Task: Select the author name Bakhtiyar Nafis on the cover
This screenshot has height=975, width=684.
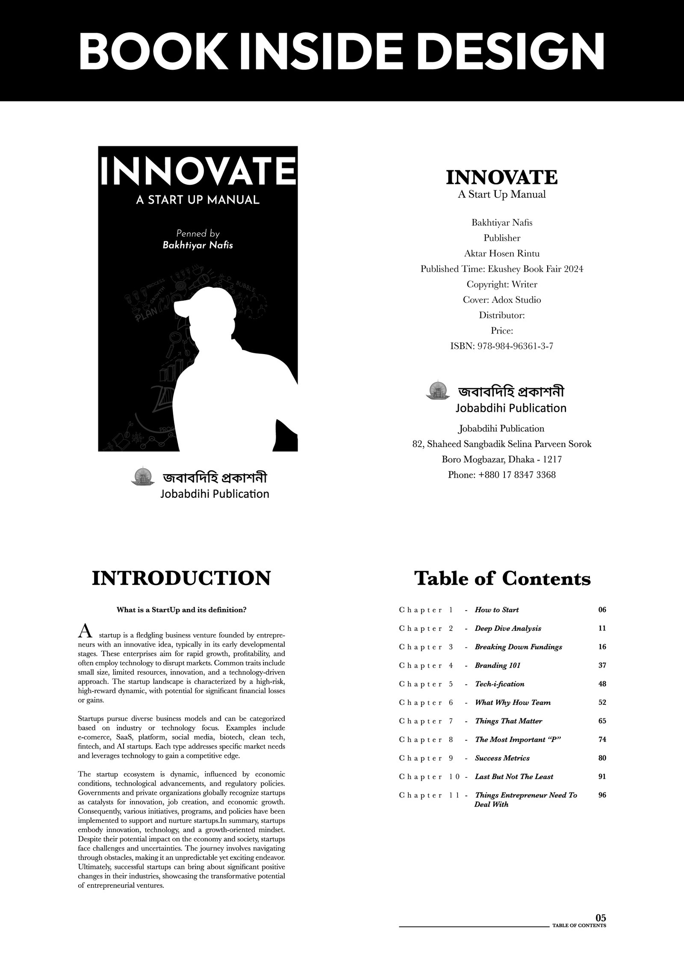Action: [x=198, y=245]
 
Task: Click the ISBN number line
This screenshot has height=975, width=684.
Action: [x=502, y=346]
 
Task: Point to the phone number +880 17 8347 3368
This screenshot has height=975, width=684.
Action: [x=502, y=475]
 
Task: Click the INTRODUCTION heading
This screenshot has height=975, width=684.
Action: [x=181, y=578]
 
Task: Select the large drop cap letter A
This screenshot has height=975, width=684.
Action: [x=85, y=631]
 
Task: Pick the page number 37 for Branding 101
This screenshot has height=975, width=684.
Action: [x=602, y=665]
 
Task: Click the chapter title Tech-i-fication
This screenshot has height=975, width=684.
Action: [x=499, y=684]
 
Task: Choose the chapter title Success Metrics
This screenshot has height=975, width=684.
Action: [x=502, y=758]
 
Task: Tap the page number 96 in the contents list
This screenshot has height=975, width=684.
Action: [x=602, y=795]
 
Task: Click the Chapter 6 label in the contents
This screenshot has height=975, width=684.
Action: [x=426, y=703]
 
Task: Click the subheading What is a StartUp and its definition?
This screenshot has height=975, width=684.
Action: [x=181, y=610]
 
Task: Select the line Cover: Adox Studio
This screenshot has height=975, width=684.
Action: [x=502, y=300]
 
